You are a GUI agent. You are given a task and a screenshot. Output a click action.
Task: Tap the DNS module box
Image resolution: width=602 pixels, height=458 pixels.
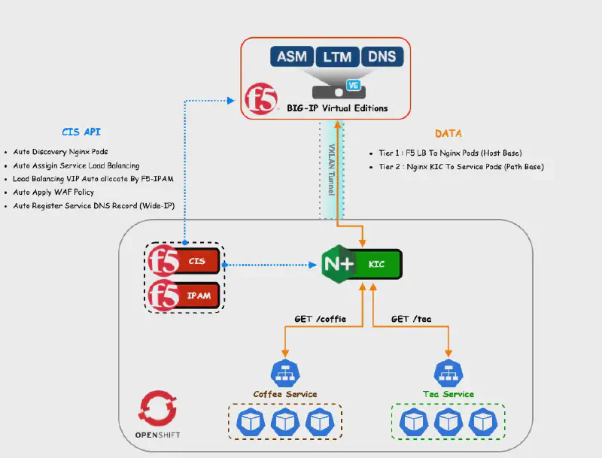382,56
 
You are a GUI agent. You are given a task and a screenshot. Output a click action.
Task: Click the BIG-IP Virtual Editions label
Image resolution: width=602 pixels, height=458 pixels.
337,108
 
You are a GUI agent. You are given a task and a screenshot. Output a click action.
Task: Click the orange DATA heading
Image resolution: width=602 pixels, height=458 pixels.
448,133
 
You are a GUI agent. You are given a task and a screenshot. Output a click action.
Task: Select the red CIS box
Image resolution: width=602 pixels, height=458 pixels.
198,262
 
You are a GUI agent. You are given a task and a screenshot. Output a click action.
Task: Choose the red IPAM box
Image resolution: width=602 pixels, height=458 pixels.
198,295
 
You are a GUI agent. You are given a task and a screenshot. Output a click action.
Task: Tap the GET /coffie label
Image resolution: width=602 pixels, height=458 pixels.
320,319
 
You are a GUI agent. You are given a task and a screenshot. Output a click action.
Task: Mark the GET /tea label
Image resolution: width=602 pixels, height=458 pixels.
411,319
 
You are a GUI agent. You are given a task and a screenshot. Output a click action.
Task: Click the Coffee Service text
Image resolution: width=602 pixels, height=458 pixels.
285,394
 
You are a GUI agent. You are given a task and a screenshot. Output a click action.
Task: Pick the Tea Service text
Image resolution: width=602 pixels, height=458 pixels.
448,394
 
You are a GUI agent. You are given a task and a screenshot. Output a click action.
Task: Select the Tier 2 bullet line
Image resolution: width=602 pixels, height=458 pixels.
461,166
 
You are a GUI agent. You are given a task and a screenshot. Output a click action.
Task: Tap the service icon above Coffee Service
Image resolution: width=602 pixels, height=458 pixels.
285,372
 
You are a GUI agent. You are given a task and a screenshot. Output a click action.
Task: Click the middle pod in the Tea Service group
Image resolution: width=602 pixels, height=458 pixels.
448,423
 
